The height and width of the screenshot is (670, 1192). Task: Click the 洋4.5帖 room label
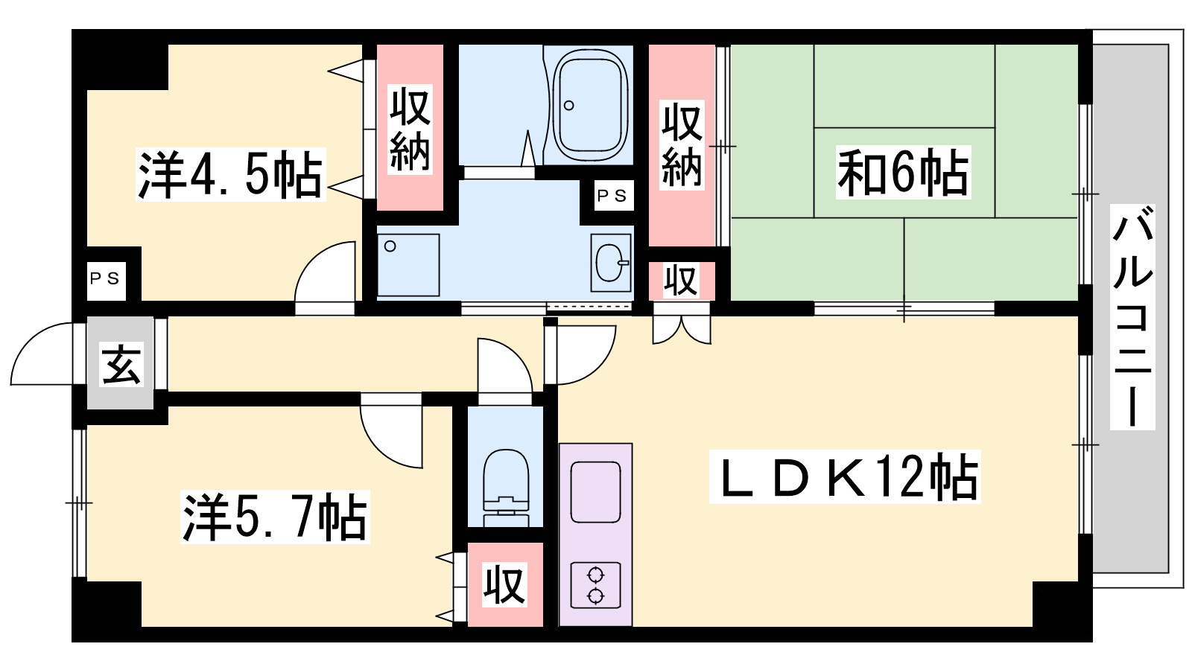coord(230,174)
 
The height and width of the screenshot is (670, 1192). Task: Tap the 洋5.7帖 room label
coord(275,517)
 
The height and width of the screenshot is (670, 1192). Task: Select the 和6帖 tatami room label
coord(903,172)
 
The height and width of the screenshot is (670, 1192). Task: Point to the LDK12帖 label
coord(845,476)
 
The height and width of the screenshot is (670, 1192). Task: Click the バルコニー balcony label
coord(1132,317)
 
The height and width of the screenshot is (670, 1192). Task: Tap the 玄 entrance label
coord(122,364)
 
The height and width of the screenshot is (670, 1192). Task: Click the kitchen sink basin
coord(595,492)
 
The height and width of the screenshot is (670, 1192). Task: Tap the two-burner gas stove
coord(595,585)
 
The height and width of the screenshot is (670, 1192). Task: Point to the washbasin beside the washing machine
coord(610,263)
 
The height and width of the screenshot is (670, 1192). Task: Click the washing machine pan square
coord(408,265)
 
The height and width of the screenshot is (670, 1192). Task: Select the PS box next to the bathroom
coord(614,196)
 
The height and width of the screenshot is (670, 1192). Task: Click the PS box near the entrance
coord(106,280)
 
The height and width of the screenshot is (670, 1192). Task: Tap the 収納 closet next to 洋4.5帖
coord(410,127)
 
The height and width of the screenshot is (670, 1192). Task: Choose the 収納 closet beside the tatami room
coord(682,145)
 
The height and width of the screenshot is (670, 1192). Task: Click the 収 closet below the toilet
coord(505,585)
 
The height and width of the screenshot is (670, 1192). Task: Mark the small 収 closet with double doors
coord(682,281)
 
